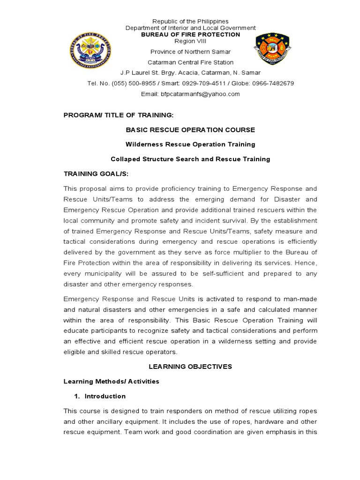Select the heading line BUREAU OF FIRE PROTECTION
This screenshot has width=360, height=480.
click(x=190, y=35)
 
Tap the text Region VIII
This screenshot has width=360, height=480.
click(x=190, y=41)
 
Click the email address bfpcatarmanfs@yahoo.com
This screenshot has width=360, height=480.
click(x=190, y=94)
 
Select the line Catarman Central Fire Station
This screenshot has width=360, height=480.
click(x=190, y=62)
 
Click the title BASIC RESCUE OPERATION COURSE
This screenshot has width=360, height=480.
click(x=190, y=129)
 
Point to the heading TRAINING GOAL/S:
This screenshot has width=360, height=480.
click(x=96, y=174)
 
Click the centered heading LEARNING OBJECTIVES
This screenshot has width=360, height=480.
click(x=190, y=367)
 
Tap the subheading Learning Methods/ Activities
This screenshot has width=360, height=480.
click(x=112, y=382)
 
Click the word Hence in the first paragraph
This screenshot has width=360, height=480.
click(x=306, y=263)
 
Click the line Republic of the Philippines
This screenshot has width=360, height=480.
click(x=190, y=22)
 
